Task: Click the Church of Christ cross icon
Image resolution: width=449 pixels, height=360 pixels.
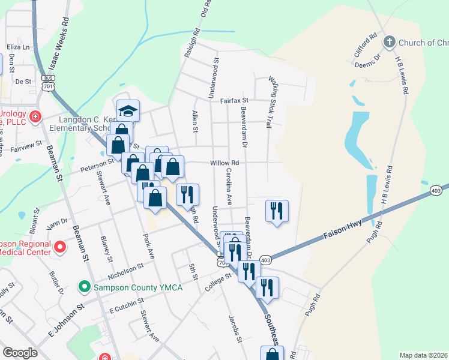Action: pyautogui.click(x=389, y=42)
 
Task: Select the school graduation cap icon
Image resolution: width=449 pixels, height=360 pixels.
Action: pyautogui.click(x=128, y=110)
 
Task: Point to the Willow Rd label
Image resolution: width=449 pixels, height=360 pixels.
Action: pyautogui.click(x=224, y=163)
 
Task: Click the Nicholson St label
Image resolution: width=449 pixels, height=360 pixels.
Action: pyautogui.click(x=125, y=271)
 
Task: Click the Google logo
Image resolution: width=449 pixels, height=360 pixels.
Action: pyautogui.click(x=20, y=353)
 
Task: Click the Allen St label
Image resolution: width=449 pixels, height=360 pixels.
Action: pyautogui.click(x=194, y=122)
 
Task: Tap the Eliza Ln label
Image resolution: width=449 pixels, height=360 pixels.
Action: pyautogui.click(x=18, y=46)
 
